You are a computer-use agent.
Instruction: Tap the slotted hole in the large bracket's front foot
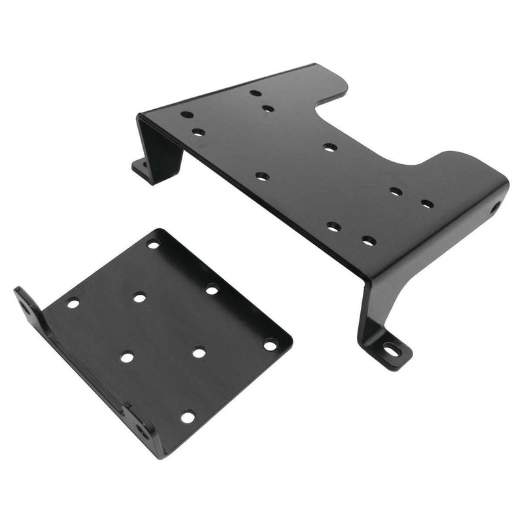tap(391, 351)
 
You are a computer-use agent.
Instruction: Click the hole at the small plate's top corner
tap(154, 245)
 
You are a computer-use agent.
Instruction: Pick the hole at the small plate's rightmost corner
tap(269, 343)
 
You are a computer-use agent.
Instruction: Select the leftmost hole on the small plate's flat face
tap(73, 303)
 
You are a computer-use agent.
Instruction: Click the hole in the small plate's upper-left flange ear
tap(25, 306)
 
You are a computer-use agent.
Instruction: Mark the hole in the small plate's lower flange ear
tap(141, 428)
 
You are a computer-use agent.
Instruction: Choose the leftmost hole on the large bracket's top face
tap(187, 114)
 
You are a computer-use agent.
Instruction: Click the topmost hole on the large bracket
tap(256, 93)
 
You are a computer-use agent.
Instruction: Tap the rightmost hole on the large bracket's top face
tap(427, 204)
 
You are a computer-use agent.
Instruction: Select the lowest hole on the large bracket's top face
tap(369, 241)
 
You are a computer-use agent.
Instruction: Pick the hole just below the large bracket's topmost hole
tap(268, 109)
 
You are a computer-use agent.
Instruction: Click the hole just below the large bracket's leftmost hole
tap(198, 132)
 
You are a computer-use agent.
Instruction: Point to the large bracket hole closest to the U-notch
tap(329, 147)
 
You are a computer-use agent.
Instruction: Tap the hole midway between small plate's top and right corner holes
tap(211, 289)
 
